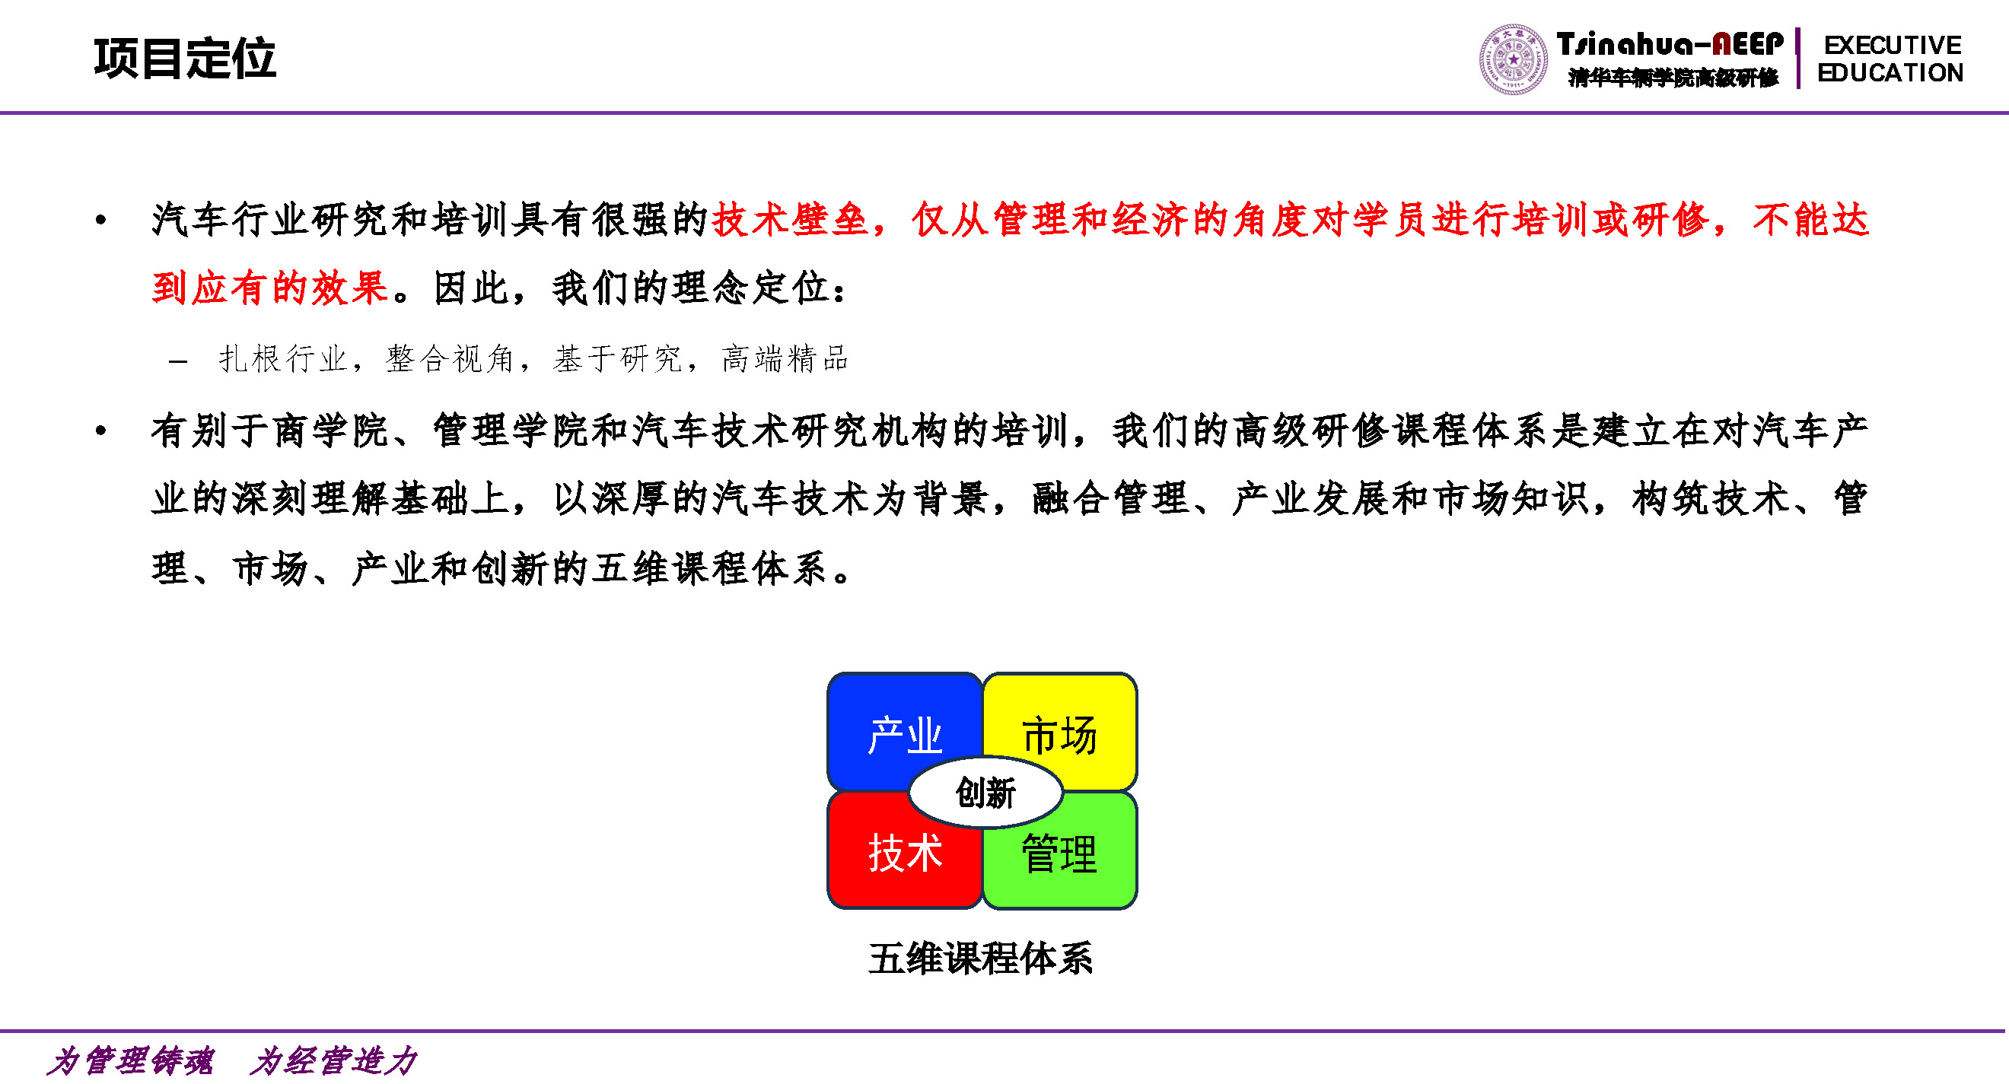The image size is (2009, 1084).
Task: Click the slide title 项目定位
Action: (185, 59)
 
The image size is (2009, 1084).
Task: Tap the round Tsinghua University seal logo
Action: (1513, 59)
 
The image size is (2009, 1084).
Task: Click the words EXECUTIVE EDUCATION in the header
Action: (1890, 59)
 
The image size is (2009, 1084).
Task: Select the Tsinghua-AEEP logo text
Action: (1670, 45)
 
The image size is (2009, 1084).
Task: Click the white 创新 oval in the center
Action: (985, 793)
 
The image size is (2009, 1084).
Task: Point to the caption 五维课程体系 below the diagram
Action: (980, 958)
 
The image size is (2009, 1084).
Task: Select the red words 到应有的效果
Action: (270, 288)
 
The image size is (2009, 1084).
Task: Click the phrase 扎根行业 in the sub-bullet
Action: (282, 360)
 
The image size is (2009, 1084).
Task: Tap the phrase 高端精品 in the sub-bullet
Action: (785, 360)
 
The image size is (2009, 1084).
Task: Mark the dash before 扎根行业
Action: (178, 361)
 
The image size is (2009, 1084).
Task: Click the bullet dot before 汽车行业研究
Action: (100, 221)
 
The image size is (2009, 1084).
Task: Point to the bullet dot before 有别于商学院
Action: (100, 431)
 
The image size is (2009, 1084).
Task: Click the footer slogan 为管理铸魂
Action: (129, 1061)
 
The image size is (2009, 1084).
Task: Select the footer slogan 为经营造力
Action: (334, 1061)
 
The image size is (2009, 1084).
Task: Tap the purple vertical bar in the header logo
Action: (1798, 59)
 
